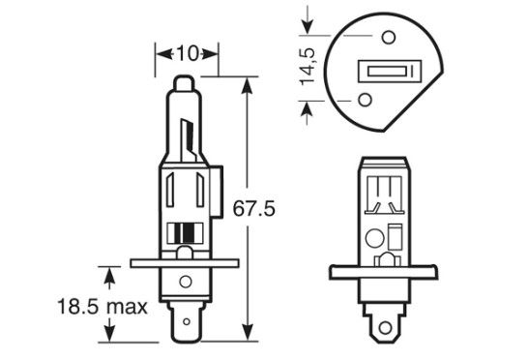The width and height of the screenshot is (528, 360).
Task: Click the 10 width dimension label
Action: tap(188, 53)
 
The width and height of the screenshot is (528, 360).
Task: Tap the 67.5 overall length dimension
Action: tap(254, 209)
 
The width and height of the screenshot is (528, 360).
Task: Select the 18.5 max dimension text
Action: tap(103, 307)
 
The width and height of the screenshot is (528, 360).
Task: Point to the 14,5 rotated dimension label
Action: tap(308, 66)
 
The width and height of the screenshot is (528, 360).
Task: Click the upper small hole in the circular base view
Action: tap(388, 37)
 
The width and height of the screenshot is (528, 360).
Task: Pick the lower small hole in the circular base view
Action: tap(365, 100)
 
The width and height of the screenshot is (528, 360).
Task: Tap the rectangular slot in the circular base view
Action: tap(390, 71)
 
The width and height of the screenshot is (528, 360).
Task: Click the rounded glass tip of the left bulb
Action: tap(184, 83)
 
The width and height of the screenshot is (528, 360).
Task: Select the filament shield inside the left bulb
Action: tap(189, 140)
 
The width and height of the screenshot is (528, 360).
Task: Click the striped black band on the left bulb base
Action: tap(185, 233)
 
